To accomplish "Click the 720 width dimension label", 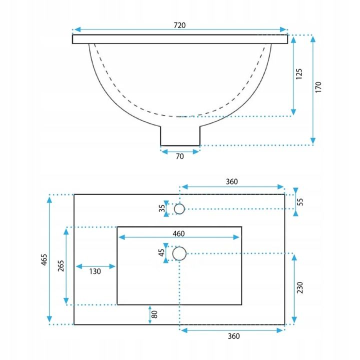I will pyautogui.click(x=180, y=25).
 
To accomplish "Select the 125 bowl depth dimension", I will pyautogui.click(x=299, y=74).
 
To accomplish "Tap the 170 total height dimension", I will pyautogui.click(x=318, y=86).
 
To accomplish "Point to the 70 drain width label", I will pyautogui.click(x=180, y=156).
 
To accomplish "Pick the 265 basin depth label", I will pyautogui.click(x=60, y=265).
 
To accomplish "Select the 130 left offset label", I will pyautogui.click(x=95, y=271).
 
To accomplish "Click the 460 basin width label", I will pyautogui.click(x=179, y=233).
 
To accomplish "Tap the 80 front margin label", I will pyautogui.click(x=154, y=314).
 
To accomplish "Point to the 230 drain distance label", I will pyautogui.click(x=300, y=288).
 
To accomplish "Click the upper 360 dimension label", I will pyautogui.click(x=231, y=181).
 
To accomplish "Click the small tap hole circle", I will pyautogui.click(x=179, y=208).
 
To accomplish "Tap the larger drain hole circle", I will pyautogui.click(x=179, y=253).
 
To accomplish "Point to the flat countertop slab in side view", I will pyautogui.click(x=180, y=39).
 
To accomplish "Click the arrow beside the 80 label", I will pyautogui.click(x=149, y=314).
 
